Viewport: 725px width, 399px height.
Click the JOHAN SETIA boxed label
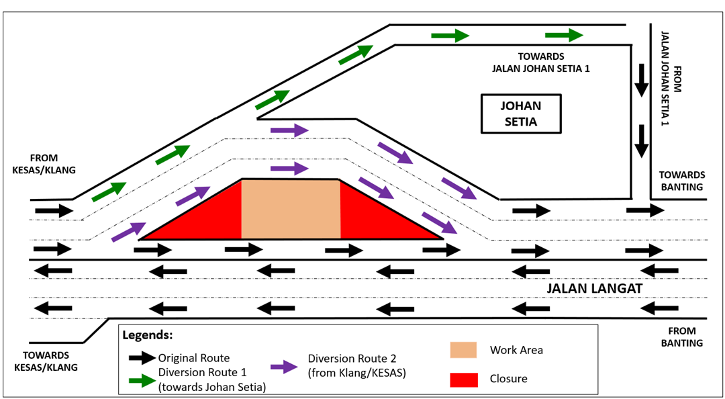tap(520, 114)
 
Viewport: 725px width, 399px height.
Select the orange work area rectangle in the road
tap(291, 209)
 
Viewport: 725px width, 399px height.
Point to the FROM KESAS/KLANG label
tap(44, 164)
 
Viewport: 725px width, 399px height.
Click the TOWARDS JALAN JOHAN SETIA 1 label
tap(540, 62)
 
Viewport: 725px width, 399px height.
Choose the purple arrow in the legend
tap(283, 367)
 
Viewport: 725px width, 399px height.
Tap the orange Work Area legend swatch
tap(463, 349)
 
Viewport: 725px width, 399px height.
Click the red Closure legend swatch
tap(463, 379)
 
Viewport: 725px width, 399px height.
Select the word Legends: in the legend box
tap(148, 335)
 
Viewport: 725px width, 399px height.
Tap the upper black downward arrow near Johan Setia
tap(642, 79)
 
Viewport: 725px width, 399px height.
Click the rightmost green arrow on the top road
tap(565, 36)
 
